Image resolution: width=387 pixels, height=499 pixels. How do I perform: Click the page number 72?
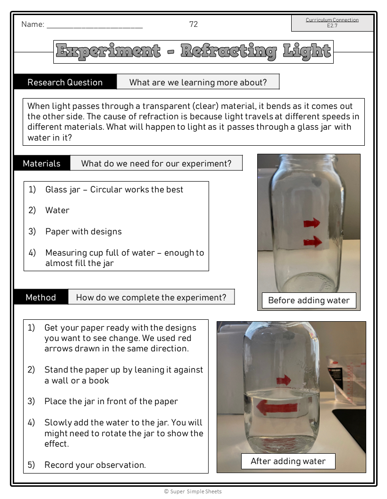(x=193, y=25)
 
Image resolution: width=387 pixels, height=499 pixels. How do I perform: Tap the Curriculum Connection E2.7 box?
(x=332, y=23)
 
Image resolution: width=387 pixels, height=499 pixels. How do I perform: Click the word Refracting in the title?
(x=229, y=51)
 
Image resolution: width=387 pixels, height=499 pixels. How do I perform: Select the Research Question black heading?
(x=65, y=82)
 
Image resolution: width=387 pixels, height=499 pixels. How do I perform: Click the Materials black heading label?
(x=42, y=163)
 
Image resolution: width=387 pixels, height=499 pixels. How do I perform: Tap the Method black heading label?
(x=41, y=297)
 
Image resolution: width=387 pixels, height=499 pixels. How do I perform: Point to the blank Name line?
(x=94, y=25)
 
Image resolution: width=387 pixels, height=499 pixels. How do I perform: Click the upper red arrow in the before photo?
(x=311, y=223)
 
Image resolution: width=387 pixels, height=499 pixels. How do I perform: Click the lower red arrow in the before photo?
(x=312, y=242)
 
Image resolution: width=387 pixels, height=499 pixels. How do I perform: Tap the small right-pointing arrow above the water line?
(x=284, y=380)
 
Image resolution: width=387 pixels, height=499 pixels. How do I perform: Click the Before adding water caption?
(x=309, y=300)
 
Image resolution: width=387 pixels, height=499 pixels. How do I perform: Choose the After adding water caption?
(x=288, y=461)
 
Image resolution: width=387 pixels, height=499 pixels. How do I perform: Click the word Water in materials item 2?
(x=57, y=210)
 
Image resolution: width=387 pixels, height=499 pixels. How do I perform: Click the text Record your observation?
(x=95, y=465)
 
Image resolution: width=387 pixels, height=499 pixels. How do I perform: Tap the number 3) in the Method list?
(x=31, y=401)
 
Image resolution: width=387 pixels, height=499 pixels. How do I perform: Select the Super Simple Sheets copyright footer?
(x=193, y=491)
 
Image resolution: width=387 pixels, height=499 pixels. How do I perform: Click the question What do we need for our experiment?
(x=156, y=164)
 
